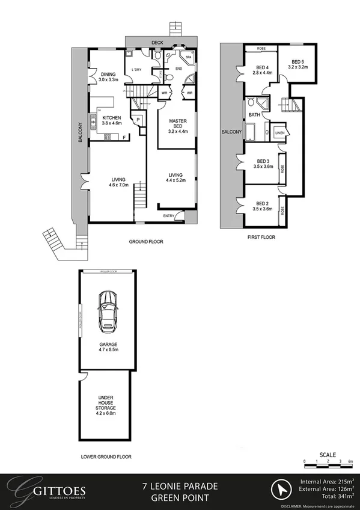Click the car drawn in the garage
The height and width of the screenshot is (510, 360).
(108, 307)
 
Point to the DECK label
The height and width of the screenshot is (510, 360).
(157, 43)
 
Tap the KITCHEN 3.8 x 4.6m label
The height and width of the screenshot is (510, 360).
(112, 120)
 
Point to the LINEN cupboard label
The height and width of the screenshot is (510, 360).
(279, 132)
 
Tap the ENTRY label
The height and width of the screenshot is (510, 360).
(168, 216)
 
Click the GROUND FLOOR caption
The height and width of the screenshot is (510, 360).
(146, 242)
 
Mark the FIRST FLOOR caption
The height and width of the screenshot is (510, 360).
(261, 238)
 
